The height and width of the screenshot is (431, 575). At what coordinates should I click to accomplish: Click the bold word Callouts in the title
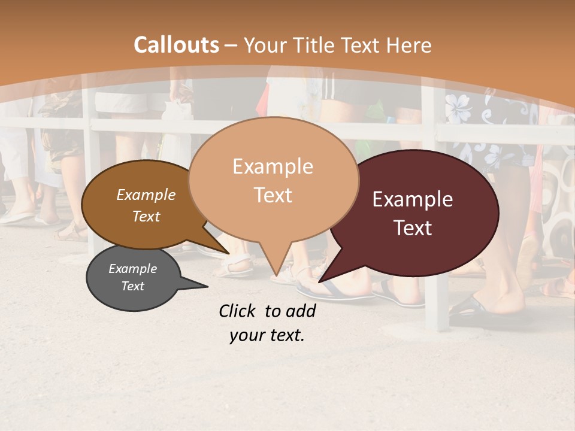pyautogui.click(x=176, y=45)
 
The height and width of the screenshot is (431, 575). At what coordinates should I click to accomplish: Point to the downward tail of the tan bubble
pyautogui.click(x=275, y=266)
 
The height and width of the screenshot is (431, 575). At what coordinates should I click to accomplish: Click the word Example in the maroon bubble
pyautogui.click(x=413, y=199)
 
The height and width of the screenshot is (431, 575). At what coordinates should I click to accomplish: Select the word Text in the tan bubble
pyautogui.click(x=273, y=195)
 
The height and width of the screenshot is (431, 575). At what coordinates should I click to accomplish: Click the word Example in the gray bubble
pyautogui.click(x=132, y=269)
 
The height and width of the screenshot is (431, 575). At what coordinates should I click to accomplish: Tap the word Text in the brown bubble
pyautogui.click(x=146, y=216)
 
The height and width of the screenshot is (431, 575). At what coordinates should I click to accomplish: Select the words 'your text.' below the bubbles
pyautogui.click(x=267, y=335)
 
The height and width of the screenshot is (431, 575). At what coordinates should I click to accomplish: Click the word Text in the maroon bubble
pyautogui.click(x=413, y=228)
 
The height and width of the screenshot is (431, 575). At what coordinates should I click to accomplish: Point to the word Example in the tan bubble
pyautogui.click(x=273, y=166)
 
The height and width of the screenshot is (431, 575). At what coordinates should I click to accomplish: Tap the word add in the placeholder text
pyautogui.click(x=301, y=311)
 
